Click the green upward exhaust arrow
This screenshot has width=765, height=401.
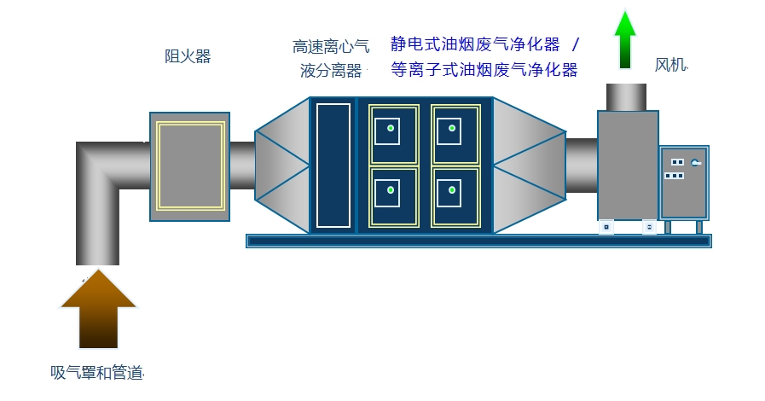pyautogui.click(x=625, y=39)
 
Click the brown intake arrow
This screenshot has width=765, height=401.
pyautogui.click(x=99, y=309)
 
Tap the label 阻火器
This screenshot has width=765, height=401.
pyautogui.click(x=188, y=56)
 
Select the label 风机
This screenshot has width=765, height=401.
pyautogui.click(x=670, y=65)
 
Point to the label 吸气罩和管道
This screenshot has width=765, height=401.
pyautogui.click(x=96, y=373)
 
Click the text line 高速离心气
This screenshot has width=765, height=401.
pyautogui.click(x=331, y=46)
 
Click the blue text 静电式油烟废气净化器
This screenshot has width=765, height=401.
pyautogui.click(x=475, y=44)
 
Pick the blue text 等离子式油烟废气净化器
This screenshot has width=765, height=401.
pyautogui.click(x=484, y=69)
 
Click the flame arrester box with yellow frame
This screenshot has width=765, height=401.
pyautogui.click(x=190, y=167)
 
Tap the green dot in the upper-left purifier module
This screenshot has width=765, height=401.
pyautogui.click(x=391, y=128)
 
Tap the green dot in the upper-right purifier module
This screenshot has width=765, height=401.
pyautogui.click(x=452, y=128)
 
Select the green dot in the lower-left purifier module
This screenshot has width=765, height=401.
pyautogui.click(x=391, y=189)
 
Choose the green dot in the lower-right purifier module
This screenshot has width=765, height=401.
pyautogui.click(x=452, y=189)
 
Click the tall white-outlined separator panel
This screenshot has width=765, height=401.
pyautogui.click(x=333, y=166)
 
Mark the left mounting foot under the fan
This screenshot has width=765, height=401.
pyautogui.click(x=606, y=227)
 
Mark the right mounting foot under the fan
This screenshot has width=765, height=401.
pyautogui.click(x=649, y=227)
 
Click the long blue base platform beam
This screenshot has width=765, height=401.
pyautogui.click(x=478, y=241)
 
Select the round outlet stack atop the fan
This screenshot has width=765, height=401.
pyautogui.click(x=627, y=97)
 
